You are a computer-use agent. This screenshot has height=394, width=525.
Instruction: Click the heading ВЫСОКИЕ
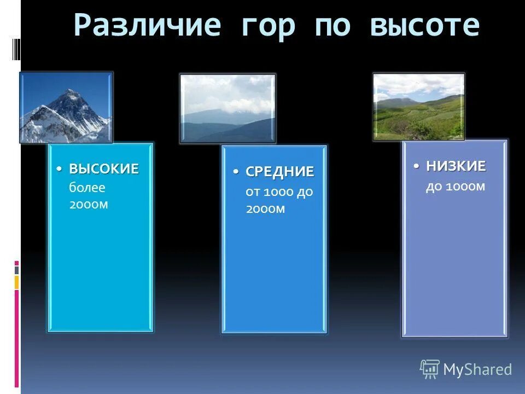[x=104, y=169]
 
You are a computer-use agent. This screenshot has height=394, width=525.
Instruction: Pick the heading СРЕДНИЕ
[x=279, y=172]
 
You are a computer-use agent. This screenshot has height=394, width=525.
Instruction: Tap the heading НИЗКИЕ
[x=456, y=166]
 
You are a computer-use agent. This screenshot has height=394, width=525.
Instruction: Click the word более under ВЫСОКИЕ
[x=87, y=188]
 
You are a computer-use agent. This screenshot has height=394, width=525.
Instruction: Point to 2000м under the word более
[x=89, y=204]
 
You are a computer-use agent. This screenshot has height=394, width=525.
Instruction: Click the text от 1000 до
[x=279, y=193]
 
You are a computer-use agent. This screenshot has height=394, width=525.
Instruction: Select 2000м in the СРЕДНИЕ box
[x=265, y=209]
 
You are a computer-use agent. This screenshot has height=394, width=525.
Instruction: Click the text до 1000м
[x=456, y=187]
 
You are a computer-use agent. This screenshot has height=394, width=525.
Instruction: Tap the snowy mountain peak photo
[x=66, y=108]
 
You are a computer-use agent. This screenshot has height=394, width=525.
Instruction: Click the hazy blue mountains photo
[x=227, y=108]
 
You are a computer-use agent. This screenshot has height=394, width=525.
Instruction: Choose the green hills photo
[x=419, y=107]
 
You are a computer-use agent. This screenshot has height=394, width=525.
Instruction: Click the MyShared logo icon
[x=429, y=369]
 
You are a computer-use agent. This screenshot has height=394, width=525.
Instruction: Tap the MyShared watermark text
[x=477, y=369]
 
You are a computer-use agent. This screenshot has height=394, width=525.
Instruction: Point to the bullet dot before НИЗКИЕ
[x=417, y=166]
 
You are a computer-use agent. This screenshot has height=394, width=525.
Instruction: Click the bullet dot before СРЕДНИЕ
[x=237, y=172]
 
